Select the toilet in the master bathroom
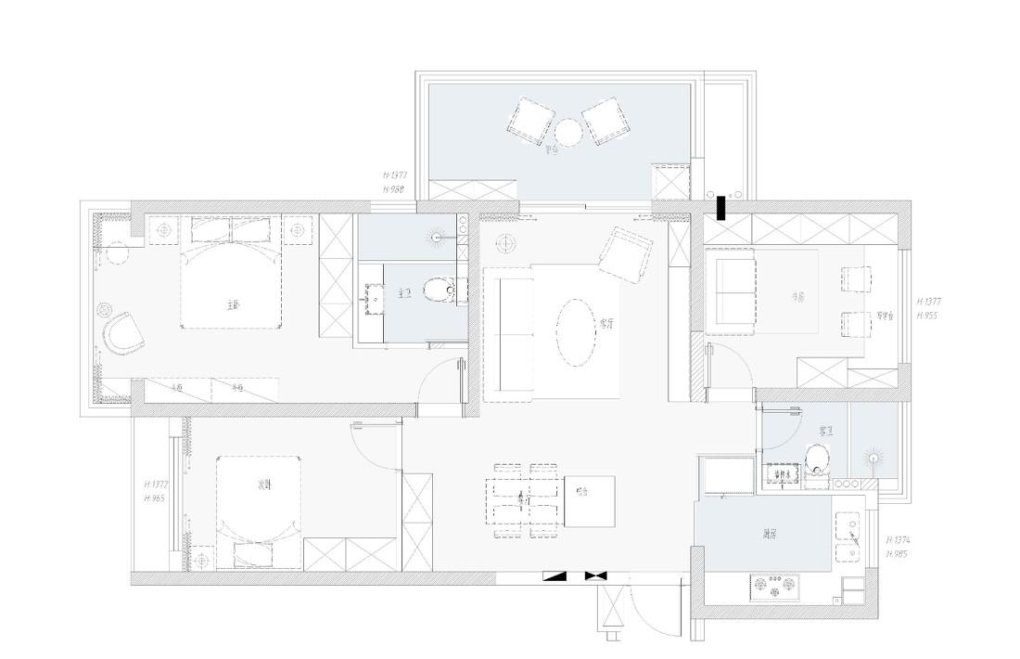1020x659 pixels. click(438, 291)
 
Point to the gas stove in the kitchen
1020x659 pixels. click(774, 586)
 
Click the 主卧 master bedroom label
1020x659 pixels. click(233, 304)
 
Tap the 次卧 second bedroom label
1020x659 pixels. click(263, 485)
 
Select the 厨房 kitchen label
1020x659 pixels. click(770, 534)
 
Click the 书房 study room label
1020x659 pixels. click(797, 297)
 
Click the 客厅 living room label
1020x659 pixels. click(608, 323)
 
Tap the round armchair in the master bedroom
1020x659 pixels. click(123, 331)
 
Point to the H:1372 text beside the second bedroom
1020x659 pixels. click(156, 485)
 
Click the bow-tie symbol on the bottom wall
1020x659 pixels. click(594, 575)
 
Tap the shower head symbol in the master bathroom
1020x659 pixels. click(435, 236)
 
